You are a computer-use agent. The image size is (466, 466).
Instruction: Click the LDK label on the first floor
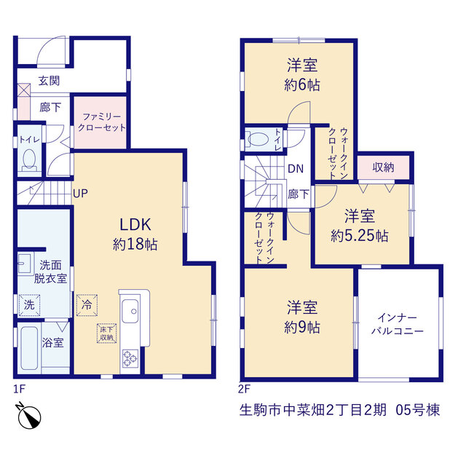[x=135, y=225]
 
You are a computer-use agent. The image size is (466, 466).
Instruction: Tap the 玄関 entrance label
[x=49, y=81]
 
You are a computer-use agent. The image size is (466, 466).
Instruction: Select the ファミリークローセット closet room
[x=101, y=122]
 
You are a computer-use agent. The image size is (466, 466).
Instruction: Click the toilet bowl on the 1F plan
[x=29, y=159]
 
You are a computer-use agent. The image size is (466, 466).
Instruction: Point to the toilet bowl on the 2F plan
[x=258, y=139]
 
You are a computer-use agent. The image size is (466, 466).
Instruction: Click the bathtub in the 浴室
[x=29, y=348]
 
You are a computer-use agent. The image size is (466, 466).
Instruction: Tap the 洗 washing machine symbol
[x=29, y=305]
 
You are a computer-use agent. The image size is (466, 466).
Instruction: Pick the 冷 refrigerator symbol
[x=87, y=305]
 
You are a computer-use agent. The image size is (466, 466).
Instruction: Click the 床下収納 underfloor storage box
[x=106, y=333]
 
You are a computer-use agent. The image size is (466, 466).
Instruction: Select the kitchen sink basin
[x=130, y=311]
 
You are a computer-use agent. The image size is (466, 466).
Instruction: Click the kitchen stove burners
[x=130, y=358]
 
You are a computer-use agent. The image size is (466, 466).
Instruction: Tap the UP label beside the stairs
[x=80, y=194]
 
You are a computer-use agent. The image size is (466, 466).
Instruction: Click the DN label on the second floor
[x=296, y=169]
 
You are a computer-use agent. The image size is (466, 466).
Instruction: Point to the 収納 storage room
[x=384, y=167]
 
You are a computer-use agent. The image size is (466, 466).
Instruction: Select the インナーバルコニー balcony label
[x=398, y=325]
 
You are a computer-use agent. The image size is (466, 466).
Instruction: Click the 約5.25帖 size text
[x=360, y=236]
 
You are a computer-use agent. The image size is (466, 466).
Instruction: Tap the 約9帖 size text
[x=302, y=328]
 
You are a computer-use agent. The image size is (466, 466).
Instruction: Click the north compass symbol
[x=29, y=416]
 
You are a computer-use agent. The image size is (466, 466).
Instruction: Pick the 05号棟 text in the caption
[x=417, y=410]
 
